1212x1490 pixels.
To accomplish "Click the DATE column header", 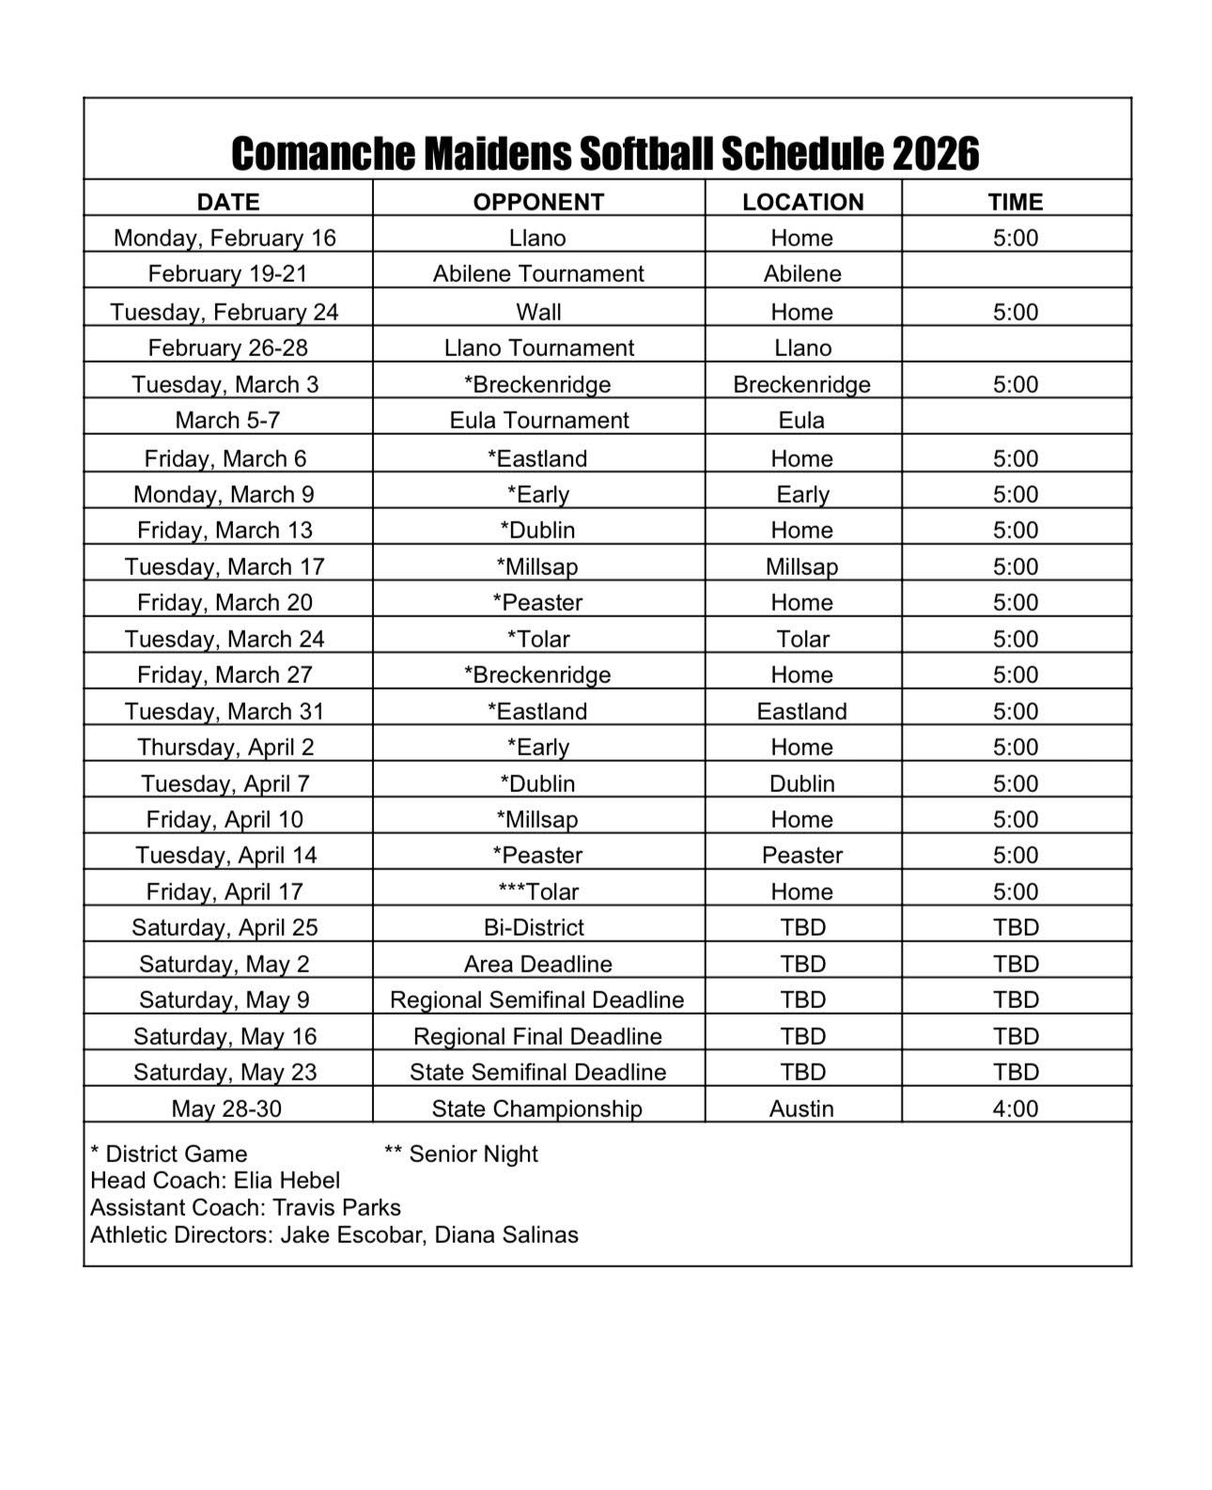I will point(227,201).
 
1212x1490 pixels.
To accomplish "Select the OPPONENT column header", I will point(538,201).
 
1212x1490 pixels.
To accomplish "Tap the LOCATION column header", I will point(802,201).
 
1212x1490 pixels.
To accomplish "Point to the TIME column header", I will point(1016,201).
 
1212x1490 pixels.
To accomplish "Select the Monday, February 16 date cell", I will point(225,238).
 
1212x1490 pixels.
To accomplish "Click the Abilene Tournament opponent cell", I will point(538,273).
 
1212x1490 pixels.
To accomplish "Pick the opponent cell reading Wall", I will point(538,312).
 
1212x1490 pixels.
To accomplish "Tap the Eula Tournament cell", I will point(538,420).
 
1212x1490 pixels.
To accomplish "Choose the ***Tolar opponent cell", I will point(538,892).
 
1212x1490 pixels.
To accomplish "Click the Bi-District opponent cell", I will point(534,927).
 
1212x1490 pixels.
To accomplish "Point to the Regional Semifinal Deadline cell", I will point(536,1000).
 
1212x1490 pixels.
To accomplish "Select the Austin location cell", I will point(801,1109).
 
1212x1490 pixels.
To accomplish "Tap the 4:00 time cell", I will point(1016,1109).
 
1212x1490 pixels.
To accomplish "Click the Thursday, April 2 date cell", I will point(225,747).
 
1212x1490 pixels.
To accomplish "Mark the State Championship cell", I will point(536,1109).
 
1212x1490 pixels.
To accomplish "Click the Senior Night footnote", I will point(461,1154).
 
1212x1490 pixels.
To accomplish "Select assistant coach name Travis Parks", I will point(336,1207).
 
